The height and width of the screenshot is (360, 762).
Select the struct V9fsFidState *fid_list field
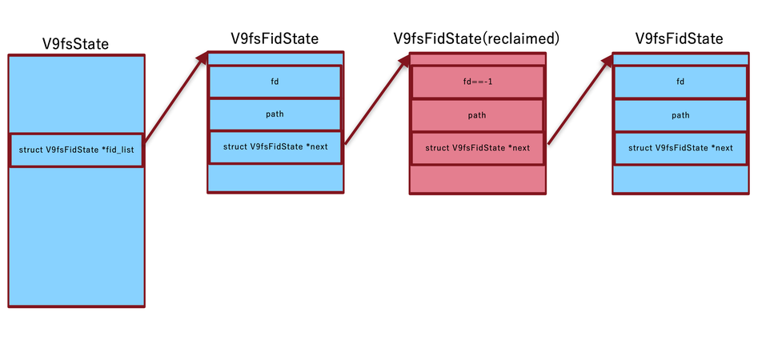(76, 150)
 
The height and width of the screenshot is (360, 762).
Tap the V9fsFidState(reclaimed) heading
(476, 38)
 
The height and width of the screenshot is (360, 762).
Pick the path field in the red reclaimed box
(477, 115)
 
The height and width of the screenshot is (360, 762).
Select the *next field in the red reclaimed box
(477, 148)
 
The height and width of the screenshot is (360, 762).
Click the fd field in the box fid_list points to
(275, 82)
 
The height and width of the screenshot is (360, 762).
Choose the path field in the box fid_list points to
(275, 114)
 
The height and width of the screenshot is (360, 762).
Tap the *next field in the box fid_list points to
(275, 147)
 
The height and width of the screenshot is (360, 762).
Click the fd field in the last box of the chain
(680, 82)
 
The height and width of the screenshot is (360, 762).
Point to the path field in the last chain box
(680, 115)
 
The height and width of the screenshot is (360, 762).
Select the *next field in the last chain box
(680, 148)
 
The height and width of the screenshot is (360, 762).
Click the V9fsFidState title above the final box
(679, 38)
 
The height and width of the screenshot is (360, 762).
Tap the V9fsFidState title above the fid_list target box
(274, 38)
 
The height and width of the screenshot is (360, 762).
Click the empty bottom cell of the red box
(477, 178)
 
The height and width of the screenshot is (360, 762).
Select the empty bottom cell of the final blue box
(680, 178)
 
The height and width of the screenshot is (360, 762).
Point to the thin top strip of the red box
(477, 59)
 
